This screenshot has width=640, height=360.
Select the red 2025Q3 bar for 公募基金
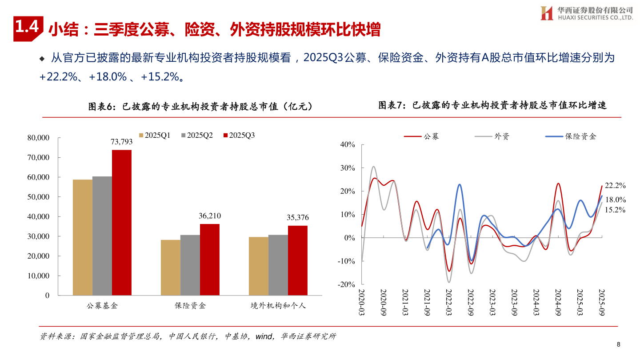click(121, 222)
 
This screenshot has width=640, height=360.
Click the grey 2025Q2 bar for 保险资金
click(190, 265)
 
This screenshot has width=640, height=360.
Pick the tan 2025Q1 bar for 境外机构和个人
click(258, 266)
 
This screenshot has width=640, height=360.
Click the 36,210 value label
click(209, 216)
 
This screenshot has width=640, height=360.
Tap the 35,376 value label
click(297, 217)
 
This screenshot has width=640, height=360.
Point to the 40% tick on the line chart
click(347, 144)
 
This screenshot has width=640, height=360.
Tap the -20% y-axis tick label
click(346, 284)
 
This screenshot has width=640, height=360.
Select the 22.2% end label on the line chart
click(616, 185)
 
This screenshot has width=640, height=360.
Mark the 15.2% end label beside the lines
click(616, 210)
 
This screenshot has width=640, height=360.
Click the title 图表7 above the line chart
click(492, 105)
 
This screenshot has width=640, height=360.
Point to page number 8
click(618, 344)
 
